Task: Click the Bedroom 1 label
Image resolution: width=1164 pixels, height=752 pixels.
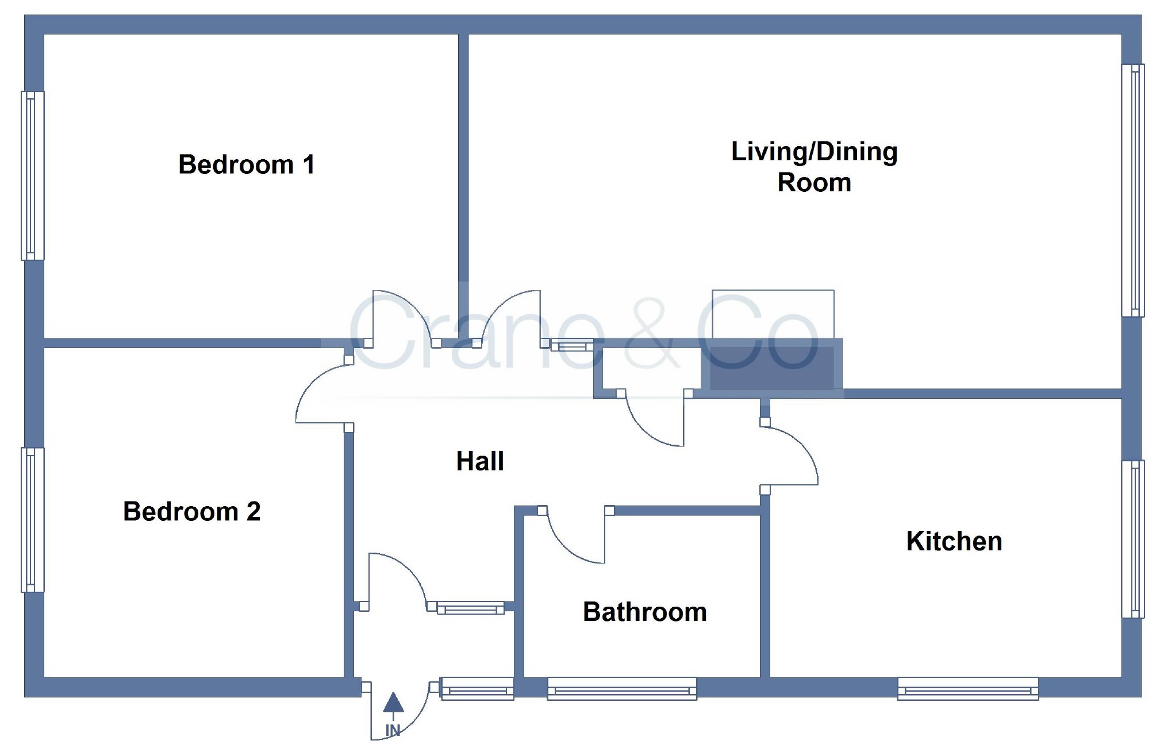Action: pos(246,165)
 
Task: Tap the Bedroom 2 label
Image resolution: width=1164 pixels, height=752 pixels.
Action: pos(191,511)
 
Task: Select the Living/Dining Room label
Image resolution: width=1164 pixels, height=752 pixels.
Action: pos(814,167)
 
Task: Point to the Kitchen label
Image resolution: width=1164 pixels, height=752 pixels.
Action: pos(954,541)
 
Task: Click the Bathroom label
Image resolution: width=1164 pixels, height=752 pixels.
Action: pos(644,612)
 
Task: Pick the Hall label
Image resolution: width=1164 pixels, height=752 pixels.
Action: pos(480,461)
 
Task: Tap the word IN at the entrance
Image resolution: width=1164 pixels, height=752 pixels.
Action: pos(393,730)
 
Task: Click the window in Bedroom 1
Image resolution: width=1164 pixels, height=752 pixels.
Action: pos(33,175)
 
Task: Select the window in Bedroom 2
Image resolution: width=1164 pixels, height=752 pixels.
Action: pos(33,520)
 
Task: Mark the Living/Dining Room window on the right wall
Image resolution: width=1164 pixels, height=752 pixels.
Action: pos(1133,190)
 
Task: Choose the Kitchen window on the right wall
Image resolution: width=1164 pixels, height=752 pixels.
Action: pos(1133,539)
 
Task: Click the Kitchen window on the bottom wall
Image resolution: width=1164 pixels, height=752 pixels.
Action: pos(968,688)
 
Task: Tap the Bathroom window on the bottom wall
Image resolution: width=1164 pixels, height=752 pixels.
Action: pos(622,688)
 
